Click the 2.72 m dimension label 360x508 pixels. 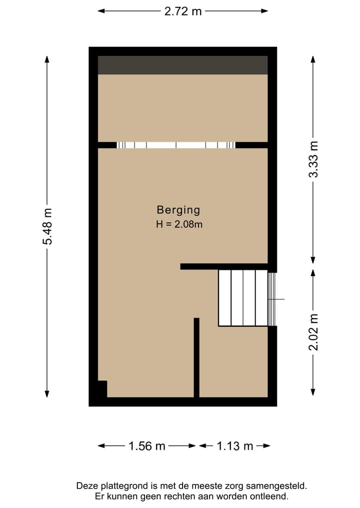[183, 11]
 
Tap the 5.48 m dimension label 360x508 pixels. [47, 226]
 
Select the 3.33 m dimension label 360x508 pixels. [313, 159]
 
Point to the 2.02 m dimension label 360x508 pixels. [313, 332]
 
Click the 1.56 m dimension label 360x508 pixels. [146, 446]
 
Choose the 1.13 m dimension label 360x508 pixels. [234, 446]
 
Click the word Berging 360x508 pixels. [178, 210]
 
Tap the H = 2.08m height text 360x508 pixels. [179, 224]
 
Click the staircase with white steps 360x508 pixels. [243, 298]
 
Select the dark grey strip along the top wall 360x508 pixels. [182, 65]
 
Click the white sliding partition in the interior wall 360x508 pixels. [176, 145]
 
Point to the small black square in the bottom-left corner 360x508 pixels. [102, 389]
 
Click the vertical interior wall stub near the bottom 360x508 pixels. [196, 357]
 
